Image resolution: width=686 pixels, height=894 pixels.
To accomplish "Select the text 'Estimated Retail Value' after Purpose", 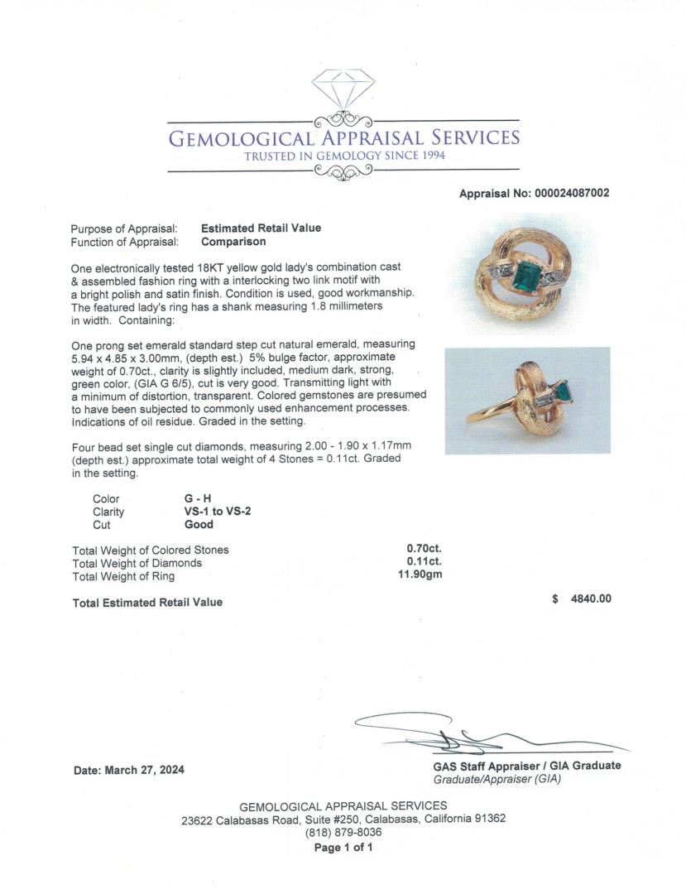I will tap(261, 228).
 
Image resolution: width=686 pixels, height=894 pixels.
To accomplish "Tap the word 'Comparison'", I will tap(233, 242).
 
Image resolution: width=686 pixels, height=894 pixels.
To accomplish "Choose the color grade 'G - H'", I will tap(198, 498).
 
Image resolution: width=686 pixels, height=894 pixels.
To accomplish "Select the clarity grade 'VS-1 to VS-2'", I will tap(218, 512).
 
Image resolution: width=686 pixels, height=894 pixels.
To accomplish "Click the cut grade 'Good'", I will tap(199, 524).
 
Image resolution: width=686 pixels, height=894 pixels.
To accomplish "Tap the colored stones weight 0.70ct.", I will tap(424, 549).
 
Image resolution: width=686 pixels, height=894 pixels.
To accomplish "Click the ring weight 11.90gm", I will tap(420, 575).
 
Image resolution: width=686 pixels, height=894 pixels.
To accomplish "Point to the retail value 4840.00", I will tap(591, 598).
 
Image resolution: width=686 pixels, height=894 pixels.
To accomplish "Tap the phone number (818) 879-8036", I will tap(343, 833).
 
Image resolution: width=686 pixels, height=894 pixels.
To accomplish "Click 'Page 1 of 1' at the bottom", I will tap(343, 848).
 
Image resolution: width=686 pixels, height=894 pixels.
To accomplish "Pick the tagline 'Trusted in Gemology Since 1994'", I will tap(344, 156).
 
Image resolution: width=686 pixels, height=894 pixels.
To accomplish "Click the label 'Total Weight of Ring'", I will tap(123, 576).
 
